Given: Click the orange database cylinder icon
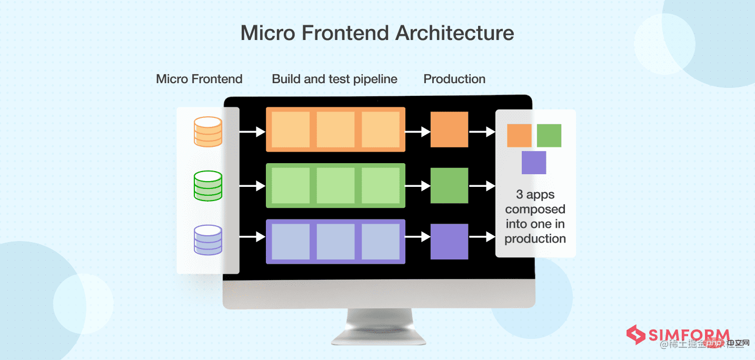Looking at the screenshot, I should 208,131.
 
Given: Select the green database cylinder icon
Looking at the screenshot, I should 208,186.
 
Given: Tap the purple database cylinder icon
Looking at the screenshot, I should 208,240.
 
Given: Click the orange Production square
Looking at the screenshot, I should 449,129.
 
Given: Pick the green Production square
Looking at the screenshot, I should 449,185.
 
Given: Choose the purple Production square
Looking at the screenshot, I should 449,241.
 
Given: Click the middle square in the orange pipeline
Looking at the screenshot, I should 335,129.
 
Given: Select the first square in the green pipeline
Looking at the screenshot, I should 291,185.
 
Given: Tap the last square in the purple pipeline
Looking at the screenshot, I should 380,241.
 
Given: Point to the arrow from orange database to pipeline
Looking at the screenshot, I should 252,132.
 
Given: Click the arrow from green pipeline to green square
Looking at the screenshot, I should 418,186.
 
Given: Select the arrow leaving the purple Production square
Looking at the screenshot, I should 482,238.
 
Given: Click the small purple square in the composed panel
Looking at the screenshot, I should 534,163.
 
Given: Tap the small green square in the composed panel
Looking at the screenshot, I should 549,135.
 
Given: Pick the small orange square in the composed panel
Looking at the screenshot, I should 519,135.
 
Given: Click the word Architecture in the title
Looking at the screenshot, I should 455,33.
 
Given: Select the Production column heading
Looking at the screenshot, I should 454,79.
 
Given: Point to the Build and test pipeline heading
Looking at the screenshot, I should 334,79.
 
